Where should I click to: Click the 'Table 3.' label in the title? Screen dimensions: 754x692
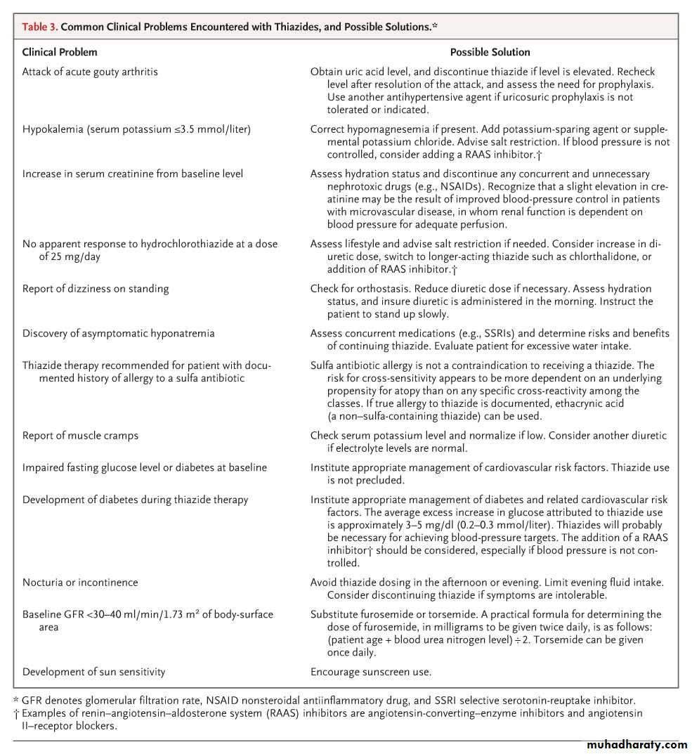click(x=40, y=27)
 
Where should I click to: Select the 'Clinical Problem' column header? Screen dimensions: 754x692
click(x=60, y=52)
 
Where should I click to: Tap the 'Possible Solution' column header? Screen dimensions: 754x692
click(x=490, y=52)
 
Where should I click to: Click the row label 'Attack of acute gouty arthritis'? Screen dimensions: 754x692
click(x=90, y=72)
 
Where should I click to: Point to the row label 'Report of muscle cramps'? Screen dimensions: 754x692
click(x=80, y=436)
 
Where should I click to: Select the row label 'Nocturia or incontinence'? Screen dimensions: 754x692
click(x=80, y=583)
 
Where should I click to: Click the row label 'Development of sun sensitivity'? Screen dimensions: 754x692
click(x=93, y=672)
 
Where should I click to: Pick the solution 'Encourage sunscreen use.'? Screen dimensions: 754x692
click(x=371, y=672)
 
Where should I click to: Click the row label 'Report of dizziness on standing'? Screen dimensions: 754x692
click(x=96, y=289)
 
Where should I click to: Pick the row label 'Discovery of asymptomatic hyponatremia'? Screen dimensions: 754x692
click(x=118, y=333)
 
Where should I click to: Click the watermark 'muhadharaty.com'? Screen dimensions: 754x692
click(x=635, y=744)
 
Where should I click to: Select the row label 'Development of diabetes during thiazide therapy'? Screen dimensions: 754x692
click(x=135, y=500)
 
